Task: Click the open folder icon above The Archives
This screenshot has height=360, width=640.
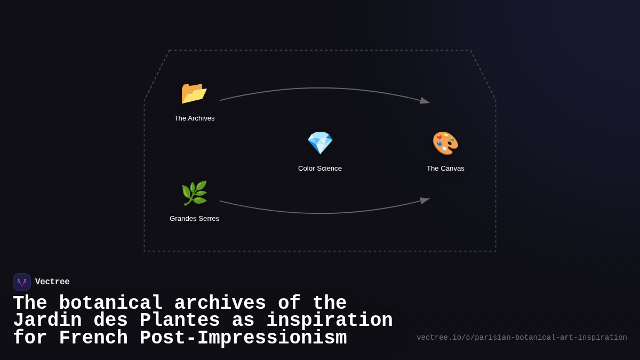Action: pos(194,93)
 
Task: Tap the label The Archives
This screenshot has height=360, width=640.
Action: pos(194,118)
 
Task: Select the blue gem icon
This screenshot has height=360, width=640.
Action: pos(320,143)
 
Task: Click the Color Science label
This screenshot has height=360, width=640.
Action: pos(320,169)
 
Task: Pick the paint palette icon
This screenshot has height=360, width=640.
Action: pos(445,143)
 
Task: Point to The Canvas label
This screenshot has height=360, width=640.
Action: pos(445,169)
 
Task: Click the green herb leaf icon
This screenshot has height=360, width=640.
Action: pos(194,193)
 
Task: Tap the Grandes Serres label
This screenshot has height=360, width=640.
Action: pos(194,219)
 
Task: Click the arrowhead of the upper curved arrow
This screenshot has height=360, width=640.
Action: pos(425,100)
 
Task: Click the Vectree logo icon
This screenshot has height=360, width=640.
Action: pos(22,282)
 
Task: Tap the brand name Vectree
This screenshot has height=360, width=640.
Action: pos(52,282)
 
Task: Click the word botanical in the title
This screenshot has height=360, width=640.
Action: pos(110,303)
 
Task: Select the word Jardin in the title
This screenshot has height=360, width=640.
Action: pos(47,321)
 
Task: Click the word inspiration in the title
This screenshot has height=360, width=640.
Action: pos(330,321)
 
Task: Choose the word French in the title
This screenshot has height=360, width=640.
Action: pos(93,338)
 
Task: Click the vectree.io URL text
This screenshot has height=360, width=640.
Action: pos(522,338)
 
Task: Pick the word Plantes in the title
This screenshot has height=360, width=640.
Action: pos(180,321)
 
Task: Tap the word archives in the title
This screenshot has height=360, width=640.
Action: pos(220,303)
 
